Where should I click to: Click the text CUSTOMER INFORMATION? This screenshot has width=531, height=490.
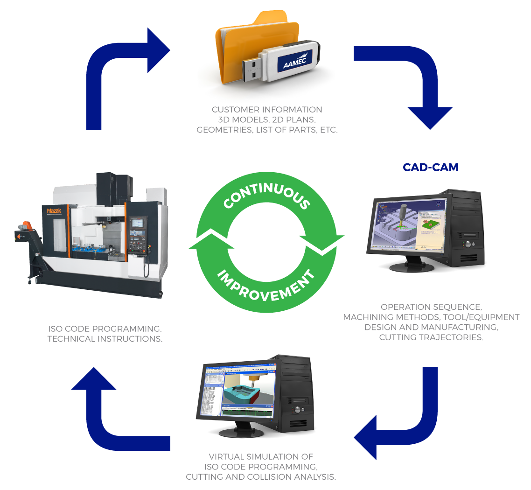[x=267, y=110]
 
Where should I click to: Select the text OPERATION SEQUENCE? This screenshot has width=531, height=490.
[x=431, y=307]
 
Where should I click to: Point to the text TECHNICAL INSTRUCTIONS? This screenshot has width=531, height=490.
[x=105, y=339]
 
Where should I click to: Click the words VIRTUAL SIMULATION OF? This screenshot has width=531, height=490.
[x=261, y=456]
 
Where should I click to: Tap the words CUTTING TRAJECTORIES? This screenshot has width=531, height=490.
[x=431, y=337]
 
